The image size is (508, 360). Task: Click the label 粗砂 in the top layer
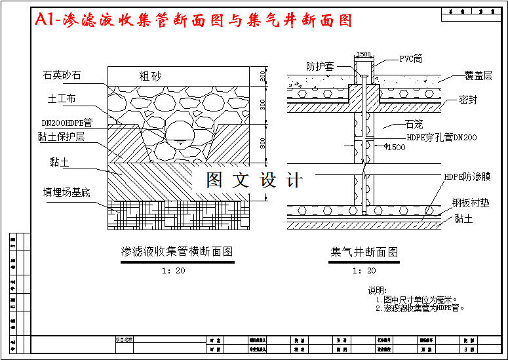click(150, 76)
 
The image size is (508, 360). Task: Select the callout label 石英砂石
click(62, 75)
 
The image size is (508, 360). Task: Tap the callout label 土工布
click(62, 99)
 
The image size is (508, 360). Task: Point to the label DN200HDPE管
click(66, 122)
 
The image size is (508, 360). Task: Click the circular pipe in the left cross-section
click(180, 133)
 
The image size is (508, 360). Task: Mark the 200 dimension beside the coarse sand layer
click(263, 75)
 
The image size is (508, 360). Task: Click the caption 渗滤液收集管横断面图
click(177, 252)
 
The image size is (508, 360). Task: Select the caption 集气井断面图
click(364, 252)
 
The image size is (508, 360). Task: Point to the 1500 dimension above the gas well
click(364, 54)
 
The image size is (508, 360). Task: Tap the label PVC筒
click(410, 58)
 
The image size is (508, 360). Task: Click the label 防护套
click(320, 66)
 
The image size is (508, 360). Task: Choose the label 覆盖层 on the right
click(478, 76)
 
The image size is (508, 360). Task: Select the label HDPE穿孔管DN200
click(442, 138)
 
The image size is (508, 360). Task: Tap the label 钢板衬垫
click(471, 203)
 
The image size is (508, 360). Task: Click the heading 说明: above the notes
click(377, 290)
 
